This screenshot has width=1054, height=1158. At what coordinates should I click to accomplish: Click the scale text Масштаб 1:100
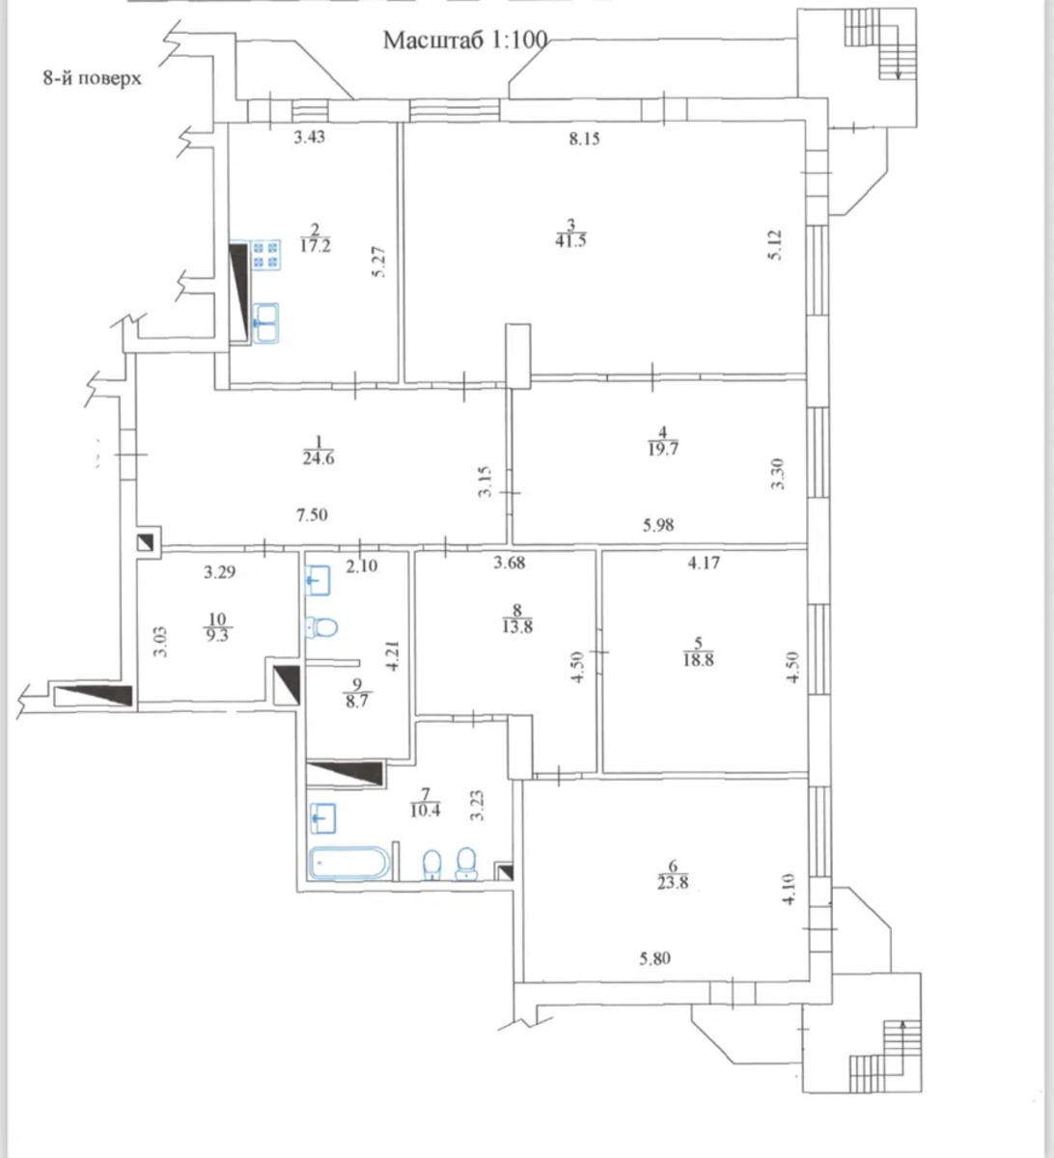[x=465, y=40]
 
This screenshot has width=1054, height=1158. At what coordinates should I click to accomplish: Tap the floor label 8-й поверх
[x=93, y=78]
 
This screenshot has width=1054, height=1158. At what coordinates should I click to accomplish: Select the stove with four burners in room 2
[x=266, y=255]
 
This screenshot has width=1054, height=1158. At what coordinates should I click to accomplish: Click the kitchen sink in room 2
[x=265, y=323]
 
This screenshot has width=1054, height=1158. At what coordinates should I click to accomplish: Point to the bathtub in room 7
[x=349, y=863]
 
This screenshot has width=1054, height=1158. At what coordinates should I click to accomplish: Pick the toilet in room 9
[x=321, y=627]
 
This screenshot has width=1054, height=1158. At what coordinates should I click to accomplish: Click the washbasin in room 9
[x=317, y=581]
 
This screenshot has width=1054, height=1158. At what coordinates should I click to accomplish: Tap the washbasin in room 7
[x=322, y=818]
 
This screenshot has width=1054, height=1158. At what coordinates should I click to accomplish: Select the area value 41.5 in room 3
[x=570, y=240]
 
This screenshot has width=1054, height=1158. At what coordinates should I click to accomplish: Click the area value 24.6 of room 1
[x=319, y=458]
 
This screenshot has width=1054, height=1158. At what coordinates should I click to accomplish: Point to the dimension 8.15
[x=585, y=139]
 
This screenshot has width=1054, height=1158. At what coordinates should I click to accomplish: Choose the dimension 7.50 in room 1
[x=313, y=514]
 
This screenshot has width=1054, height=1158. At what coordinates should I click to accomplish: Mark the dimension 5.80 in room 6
[x=655, y=958]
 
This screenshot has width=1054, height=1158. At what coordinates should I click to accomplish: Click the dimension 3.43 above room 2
[x=310, y=137]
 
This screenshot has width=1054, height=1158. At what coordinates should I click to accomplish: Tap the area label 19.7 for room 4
[x=663, y=449]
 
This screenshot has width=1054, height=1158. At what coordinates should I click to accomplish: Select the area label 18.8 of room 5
[x=698, y=659]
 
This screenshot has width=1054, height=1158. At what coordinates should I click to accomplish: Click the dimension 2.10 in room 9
[x=362, y=566]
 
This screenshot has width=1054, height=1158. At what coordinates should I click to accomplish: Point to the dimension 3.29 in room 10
[x=219, y=572]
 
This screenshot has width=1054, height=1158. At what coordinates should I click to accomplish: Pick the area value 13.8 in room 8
[x=517, y=626]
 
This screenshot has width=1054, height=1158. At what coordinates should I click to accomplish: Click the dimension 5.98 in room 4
[x=658, y=525]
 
